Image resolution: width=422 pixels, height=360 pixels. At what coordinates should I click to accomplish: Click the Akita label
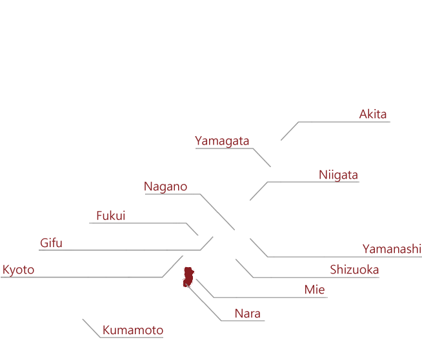373,114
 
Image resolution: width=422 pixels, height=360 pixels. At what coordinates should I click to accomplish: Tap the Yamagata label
222,141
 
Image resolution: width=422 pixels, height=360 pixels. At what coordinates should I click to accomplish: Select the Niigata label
338,175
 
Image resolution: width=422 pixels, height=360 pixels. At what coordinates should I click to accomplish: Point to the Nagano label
166,186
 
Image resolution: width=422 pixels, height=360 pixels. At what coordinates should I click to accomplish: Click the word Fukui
111,215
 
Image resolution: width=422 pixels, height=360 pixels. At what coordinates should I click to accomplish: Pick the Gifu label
51,243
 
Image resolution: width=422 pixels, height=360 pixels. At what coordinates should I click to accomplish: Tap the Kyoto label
18,270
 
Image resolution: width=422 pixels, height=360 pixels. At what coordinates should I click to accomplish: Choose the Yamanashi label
392,249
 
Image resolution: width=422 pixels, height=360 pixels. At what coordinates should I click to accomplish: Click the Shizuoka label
354,270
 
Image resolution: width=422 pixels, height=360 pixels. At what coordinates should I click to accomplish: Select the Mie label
315,290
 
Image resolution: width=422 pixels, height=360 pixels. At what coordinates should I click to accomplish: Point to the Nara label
248,314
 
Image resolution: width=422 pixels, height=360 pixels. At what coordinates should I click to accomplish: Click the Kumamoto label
133,330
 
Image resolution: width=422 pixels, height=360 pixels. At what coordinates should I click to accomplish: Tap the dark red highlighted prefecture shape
188,277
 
